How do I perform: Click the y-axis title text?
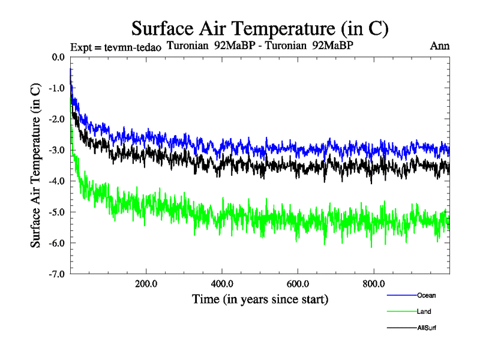pyautogui.click(x=35, y=165)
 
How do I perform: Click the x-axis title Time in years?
pyautogui.click(x=260, y=298)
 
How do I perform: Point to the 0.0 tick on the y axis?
pyautogui.click(x=58, y=57)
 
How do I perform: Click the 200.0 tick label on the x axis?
pyautogui.click(x=146, y=284)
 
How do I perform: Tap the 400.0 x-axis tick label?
pyautogui.click(x=222, y=284)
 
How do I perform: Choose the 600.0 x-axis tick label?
pyautogui.click(x=298, y=284)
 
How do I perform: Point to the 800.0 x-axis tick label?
pyautogui.click(x=373, y=284)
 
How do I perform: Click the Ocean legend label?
pyautogui.click(x=427, y=295)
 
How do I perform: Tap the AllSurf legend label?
pyautogui.click(x=427, y=328)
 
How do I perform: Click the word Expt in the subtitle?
pyautogui.click(x=82, y=47)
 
